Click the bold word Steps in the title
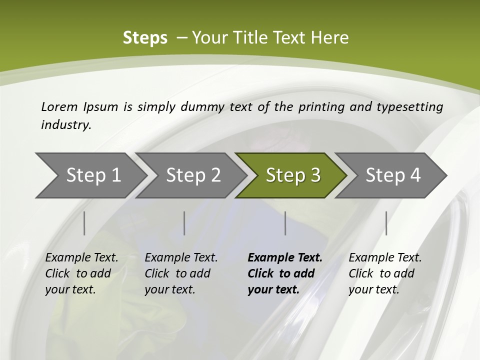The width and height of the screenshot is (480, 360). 145,38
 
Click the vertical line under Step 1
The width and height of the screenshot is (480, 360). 84,223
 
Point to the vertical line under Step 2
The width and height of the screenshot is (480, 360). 184,223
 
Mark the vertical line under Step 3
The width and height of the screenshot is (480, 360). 285,223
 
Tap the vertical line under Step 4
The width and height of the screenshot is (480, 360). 386,223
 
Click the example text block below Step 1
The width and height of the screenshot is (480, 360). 81,273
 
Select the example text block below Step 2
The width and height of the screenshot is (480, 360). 181,273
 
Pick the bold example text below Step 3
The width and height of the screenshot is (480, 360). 285,273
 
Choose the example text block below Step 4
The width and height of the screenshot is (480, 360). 385,273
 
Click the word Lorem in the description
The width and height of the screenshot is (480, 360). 59,106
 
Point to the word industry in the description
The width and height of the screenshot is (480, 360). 65,125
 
